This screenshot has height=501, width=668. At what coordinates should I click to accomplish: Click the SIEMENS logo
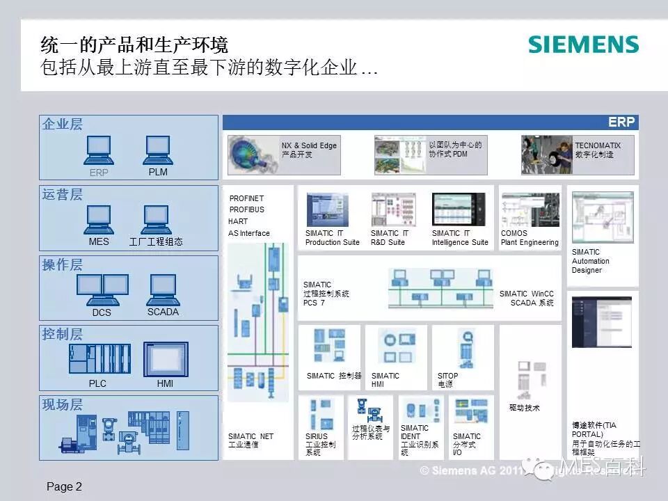pos(583,45)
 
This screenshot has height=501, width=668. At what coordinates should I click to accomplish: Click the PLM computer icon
pos(158,150)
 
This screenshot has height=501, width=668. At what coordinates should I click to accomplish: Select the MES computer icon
pos(99,219)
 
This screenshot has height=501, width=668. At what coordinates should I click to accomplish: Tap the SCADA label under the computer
pos(163,312)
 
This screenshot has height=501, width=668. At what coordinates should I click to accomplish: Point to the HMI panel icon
pos(166,359)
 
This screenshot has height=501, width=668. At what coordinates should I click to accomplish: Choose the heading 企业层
pos(63,125)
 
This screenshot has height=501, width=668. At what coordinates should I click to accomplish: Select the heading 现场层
pos(63,405)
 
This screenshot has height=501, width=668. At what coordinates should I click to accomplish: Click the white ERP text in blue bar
pos(621,122)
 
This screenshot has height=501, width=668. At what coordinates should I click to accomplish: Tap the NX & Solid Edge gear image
pos(253,154)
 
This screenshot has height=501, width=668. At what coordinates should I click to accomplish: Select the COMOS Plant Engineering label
pos(529,238)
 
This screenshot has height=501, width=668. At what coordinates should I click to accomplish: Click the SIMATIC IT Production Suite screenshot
pos(327,209)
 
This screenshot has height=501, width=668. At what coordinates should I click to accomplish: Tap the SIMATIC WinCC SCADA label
pos(527,299)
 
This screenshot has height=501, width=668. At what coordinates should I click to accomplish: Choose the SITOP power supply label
pos(447,380)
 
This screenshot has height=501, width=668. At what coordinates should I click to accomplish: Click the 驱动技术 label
pos(524,408)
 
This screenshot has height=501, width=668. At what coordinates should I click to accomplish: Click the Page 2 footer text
pos(64,487)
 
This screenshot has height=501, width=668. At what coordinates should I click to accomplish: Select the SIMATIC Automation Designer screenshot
pos(602,217)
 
